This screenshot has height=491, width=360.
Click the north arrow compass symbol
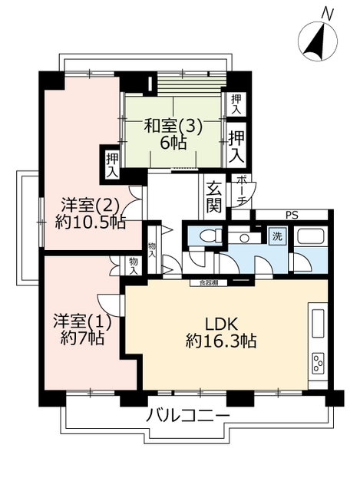tap(318, 41)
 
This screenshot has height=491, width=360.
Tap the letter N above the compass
tap(328, 14)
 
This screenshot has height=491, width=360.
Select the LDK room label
tap(222, 325)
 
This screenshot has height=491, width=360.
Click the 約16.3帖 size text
tap(221, 341)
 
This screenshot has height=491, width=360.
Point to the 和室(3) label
tap(173, 127)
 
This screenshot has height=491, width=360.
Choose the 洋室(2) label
tap(91, 206)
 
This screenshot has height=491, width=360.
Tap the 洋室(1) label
tap(82, 321)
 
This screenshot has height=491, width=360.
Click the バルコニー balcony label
tap(188, 416)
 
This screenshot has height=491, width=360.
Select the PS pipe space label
tap(292, 216)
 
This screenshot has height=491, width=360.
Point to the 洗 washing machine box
tap(277, 236)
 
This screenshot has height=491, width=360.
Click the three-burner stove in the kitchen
tap(319, 363)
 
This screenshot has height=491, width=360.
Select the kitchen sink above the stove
tap(318, 323)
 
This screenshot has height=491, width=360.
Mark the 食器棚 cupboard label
tap(209, 283)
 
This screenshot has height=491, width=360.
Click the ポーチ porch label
tap(241, 191)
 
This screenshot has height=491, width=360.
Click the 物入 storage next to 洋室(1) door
tap(134, 266)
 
